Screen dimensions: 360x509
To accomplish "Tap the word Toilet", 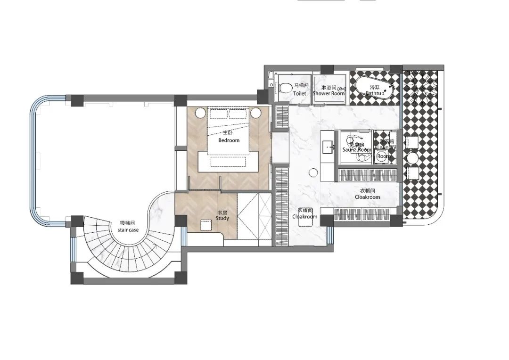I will point(299,93).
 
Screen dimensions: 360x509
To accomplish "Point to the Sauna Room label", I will point(357,149).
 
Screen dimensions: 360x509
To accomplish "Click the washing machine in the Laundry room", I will point(384,156).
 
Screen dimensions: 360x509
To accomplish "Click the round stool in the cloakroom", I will point(313,173).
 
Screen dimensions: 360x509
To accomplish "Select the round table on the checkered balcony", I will point(414,157).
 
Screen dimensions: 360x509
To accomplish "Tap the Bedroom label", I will point(229,140).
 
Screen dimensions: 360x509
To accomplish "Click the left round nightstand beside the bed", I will point(200,113).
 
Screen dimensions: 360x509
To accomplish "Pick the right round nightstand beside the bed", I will point(256,113).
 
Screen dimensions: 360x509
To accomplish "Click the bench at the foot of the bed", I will point(228,162).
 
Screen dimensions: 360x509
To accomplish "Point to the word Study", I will point(222,219).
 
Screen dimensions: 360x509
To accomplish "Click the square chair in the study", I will point(205,225).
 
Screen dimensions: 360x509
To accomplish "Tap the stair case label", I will point(128,230).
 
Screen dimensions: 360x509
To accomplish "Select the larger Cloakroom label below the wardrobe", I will point(367,197).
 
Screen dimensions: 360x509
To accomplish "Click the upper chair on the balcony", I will point(413,142).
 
